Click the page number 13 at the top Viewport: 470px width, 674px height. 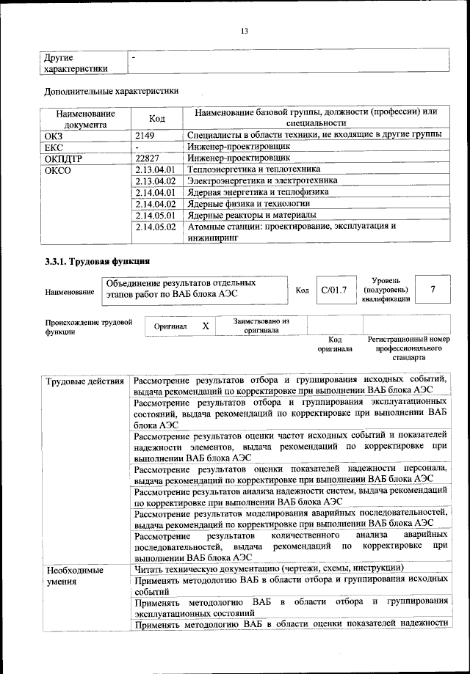[x=245, y=30]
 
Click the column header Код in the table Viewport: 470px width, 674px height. [x=156, y=118]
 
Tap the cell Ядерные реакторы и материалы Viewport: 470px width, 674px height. [x=252, y=215]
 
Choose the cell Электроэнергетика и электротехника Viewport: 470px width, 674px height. [x=262, y=180]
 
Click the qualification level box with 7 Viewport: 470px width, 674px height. [x=433, y=290]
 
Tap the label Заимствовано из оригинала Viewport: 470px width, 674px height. [x=261, y=326]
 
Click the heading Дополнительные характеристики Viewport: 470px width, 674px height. [x=112, y=92]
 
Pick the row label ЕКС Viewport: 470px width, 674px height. [x=55, y=146]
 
